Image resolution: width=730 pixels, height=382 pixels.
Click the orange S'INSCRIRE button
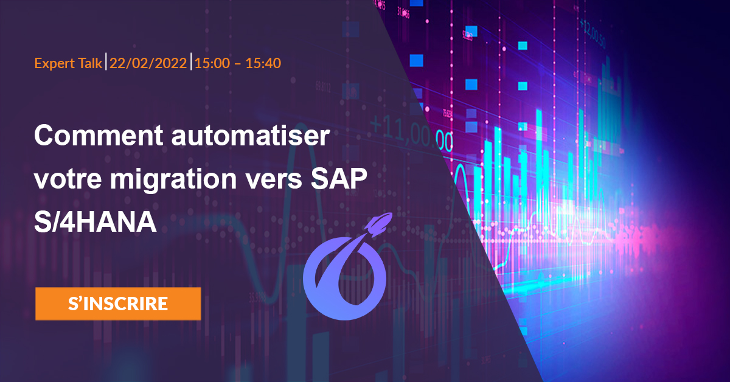click(x=118, y=304)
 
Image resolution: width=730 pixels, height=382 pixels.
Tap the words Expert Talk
click(x=68, y=63)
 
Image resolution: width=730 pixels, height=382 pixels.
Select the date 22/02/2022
click(x=148, y=63)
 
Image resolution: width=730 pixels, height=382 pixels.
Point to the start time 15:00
click(x=209, y=63)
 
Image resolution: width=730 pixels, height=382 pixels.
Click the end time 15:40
click(x=263, y=63)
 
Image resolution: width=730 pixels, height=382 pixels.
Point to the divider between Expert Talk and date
click(x=106, y=62)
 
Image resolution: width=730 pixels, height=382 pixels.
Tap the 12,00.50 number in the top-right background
click(x=599, y=29)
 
